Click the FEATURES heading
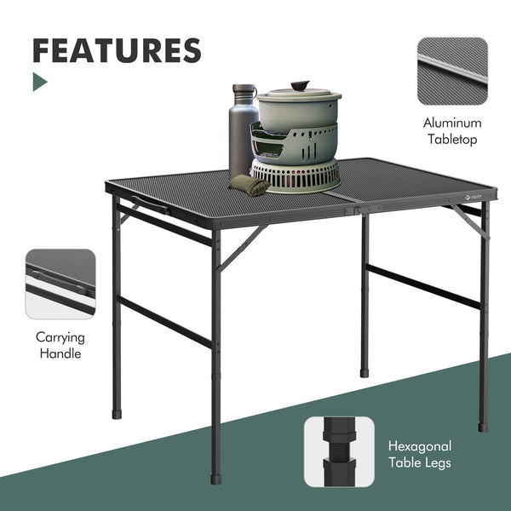(117, 50)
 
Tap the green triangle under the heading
(39, 82)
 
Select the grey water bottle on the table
(243, 132)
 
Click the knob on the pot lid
(300, 86)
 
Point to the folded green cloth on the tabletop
(249, 184)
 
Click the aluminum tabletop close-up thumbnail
(452, 72)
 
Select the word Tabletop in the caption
(452, 140)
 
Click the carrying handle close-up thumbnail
(60, 284)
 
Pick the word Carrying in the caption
(60, 336)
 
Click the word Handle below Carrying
(60, 353)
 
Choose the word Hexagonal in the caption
(420, 446)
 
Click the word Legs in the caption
(436, 463)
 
